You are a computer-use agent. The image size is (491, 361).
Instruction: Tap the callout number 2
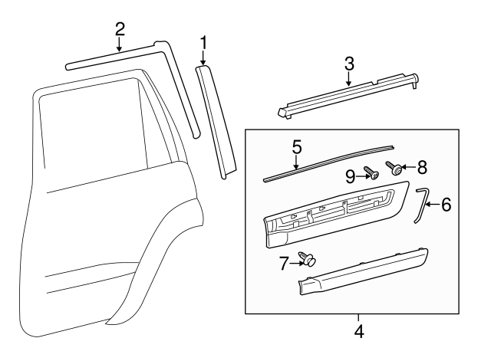[x=120, y=29]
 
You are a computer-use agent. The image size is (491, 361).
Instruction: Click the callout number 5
[x=297, y=145]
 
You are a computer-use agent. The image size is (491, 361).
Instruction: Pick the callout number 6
[x=446, y=205]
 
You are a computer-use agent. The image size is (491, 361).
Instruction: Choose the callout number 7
[x=285, y=264]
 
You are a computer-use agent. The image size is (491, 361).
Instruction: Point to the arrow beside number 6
[x=431, y=205]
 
